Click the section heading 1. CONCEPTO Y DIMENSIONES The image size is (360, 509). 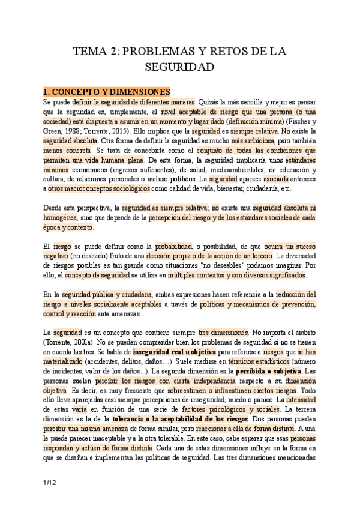(x=107, y=91)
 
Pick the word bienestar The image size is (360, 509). (x=232, y=188)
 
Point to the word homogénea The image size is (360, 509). (x=58, y=218)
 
